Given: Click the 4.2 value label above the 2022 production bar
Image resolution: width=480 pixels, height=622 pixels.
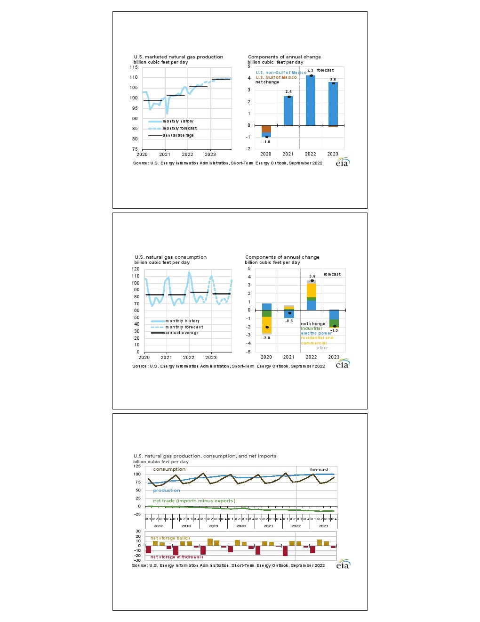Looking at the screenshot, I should click(x=310, y=71).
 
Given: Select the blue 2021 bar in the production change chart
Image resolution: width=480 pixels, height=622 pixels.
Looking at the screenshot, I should click(x=288, y=111).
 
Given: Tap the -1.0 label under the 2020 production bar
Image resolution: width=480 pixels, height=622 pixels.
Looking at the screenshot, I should click(x=266, y=142).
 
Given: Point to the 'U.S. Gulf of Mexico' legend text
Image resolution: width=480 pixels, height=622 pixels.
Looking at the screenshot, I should click(x=276, y=77).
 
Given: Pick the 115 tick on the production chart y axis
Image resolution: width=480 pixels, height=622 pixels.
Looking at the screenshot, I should click(x=134, y=67).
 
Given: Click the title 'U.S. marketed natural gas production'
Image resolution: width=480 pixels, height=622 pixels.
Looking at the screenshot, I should click(x=178, y=57).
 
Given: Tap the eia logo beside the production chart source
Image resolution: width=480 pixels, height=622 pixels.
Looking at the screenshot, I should click(x=343, y=163).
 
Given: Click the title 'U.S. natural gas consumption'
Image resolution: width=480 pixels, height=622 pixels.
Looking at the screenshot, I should click(x=170, y=257).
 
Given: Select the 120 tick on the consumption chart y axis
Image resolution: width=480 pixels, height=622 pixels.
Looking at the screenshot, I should click(x=136, y=269).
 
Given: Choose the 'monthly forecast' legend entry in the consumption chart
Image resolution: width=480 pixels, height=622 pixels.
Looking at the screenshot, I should click(x=184, y=327).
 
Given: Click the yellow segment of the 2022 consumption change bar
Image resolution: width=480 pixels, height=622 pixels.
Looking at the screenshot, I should click(x=312, y=290).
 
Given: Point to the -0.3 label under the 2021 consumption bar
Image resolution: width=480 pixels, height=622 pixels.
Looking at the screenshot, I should click(x=289, y=321).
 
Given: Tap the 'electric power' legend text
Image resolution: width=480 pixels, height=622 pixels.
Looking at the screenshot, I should click(x=316, y=333).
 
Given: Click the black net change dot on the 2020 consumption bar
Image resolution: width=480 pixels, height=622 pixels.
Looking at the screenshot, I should click(x=267, y=327).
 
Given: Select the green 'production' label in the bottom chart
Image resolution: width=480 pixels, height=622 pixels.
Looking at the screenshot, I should click(x=167, y=491).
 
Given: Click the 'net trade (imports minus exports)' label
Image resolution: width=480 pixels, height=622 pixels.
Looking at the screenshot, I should click(x=194, y=501).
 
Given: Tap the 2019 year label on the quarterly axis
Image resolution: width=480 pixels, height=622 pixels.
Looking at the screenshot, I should click(x=214, y=526).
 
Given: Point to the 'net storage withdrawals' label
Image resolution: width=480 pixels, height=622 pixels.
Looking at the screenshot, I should click(x=176, y=557).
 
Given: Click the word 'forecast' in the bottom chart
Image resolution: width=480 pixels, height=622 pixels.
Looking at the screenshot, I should click(x=319, y=470).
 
